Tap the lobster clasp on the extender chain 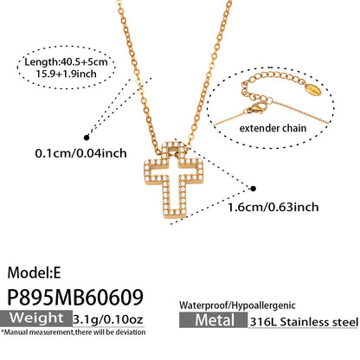pyautogui.click(x=256, y=108)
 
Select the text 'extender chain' pyautogui.click(x=273, y=128)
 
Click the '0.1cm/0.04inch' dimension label pyautogui.click(x=80, y=153)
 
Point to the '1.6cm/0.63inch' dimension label pyautogui.click(x=273, y=207)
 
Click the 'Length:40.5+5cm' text pyautogui.click(x=66, y=61)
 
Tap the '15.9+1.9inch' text pyautogui.click(x=66, y=74)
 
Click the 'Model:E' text pyautogui.click(x=34, y=273)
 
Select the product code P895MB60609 pyautogui.click(x=75, y=297)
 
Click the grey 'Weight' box pyautogui.click(x=36, y=318)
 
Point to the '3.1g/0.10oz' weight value pyautogui.click(x=108, y=319)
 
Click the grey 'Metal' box pyautogui.click(x=214, y=320)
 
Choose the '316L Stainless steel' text pyautogui.click(x=304, y=322)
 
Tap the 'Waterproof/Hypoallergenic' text pyautogui.click(x=237, y=305)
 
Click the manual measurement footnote pyautogui.click(x=74, y=332)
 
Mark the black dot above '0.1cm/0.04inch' pyautogui.click(x=87, y=138)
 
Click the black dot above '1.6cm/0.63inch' pyautogui.click(x=254, y=189)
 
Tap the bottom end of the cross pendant pyautogui.click(x=173, y=217)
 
